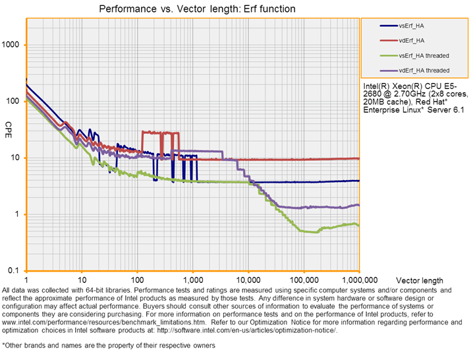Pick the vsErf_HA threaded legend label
[x=424, y=55]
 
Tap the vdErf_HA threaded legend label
[x=424, y=70]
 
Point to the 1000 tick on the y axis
[x=11, y=45]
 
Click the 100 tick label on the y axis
[x=13, y=102]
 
